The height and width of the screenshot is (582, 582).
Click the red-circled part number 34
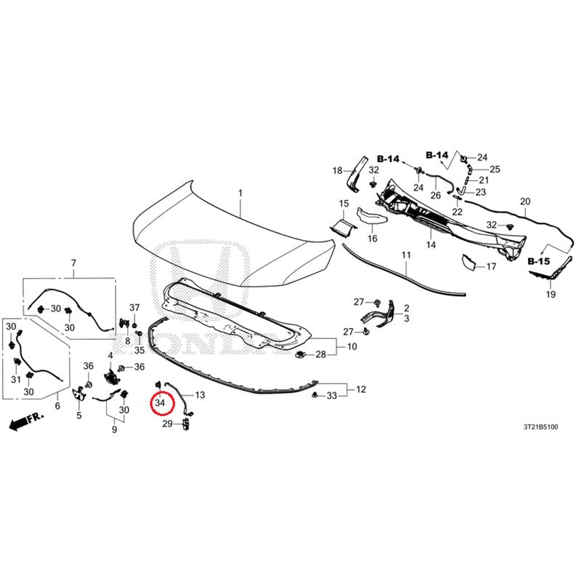(x=160, y=402)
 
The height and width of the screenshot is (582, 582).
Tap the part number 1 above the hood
(x=240, y=193)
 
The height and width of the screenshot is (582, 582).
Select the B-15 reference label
(x=538, y=261)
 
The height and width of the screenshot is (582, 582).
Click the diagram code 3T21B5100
(x=541, y=427)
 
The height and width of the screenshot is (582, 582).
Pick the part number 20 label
(x=525, y=202)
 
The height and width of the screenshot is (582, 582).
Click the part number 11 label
(x=406, y=255)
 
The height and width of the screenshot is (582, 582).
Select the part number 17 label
(x=491, y=266)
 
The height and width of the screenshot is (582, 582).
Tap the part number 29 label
(x=167, y=423)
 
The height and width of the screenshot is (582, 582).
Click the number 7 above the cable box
(x=73, y=263)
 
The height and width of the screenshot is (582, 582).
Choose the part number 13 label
(x=199, y=394)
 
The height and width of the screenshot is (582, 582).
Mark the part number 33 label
(x=332, y=396)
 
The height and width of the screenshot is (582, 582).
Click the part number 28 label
(x=321, y=354)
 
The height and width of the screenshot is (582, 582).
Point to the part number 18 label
(x=337, y=171)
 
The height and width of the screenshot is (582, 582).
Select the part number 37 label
(x=135, y=307)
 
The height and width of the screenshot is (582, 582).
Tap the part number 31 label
(x=15, y=379)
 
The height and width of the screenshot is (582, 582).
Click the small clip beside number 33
(x=315, y=394)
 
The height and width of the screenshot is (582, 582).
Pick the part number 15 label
(x=344, y=204)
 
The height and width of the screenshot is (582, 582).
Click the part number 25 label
(x=495, y=170)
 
